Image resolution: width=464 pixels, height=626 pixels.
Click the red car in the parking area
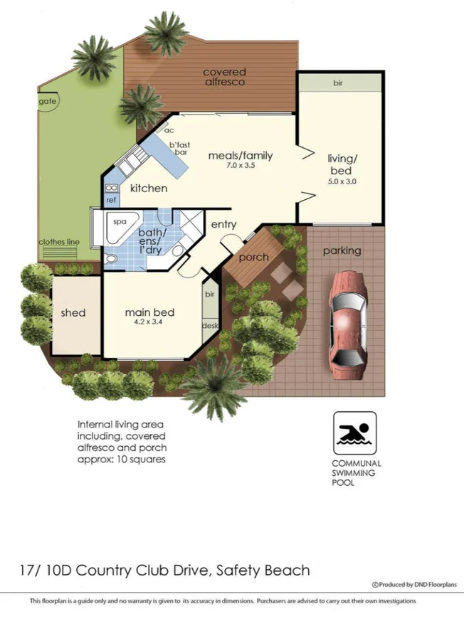pyautogui.click(x=348, y=317)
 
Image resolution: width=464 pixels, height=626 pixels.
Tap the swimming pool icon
pyautogui.click(x=354, y=433)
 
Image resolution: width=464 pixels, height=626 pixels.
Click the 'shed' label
pyautogui.click(x=73, y=312)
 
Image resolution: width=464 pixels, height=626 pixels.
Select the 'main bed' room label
pyautogui.click(x=149, y=312)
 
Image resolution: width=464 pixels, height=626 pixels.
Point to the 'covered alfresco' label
pyautogui.click(x=224, y=77)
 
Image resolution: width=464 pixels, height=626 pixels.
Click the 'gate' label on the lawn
pyautogui.click(x=48, y=102)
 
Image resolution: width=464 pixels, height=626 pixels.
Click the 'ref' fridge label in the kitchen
pyautogui.click(x=111, y=201)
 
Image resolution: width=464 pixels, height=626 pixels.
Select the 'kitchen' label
pyautogui.click(x=149, y=188)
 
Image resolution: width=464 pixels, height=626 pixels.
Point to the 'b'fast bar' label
pyautogui.click(x=179, y=148)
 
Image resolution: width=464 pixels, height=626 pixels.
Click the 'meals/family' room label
pyautogui.click(x=240, y=156)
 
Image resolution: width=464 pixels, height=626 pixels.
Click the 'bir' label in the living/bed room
pyautogui.click(x=338, y=83)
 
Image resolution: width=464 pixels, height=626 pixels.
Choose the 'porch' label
pyautogui.click(x=253, y=257)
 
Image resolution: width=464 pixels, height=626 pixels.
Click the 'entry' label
pyautogui.click(x=224, y=224)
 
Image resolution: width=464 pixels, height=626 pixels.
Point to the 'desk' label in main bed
pyautogui.click(x=210, y=325)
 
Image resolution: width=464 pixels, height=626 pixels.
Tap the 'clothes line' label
pyautogui.click(x=58, y=241)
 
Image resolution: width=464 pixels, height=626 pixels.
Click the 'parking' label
pyautogui.click(x=342, y=250)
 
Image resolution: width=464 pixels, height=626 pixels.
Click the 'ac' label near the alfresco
pyautogui.click(x=169, y=130)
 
